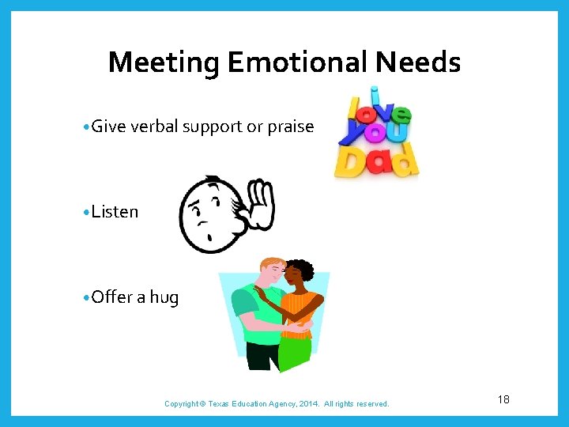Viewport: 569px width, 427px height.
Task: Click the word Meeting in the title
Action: click(164, 62)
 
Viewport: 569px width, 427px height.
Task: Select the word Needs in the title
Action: click(424, 62)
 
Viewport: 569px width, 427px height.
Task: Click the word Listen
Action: click(115, 212)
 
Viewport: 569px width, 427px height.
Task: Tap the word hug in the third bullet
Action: click(164, 297)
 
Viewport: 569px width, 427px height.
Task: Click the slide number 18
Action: click(503, 399)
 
